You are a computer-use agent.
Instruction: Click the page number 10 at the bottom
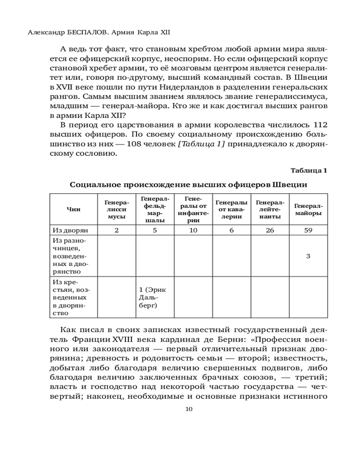pos(189,409)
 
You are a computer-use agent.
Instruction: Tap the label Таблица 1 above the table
pos(308,170)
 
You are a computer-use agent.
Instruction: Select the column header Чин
pos(72,209)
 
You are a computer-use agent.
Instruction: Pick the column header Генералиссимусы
pos(117,209)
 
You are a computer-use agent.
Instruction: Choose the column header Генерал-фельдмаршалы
pos(155,209)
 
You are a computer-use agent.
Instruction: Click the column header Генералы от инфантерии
pos(193,209)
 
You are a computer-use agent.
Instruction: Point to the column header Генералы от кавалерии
pos(231,209)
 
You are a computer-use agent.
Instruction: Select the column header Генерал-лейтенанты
pos(270,209)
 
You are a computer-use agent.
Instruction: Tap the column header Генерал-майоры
pos(308,209)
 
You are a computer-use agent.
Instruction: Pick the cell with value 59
pos(308,230)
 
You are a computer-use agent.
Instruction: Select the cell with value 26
pos(270,230)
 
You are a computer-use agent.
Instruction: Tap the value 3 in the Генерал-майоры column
pos(308,256)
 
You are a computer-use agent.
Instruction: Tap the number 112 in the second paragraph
pos(319,124)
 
